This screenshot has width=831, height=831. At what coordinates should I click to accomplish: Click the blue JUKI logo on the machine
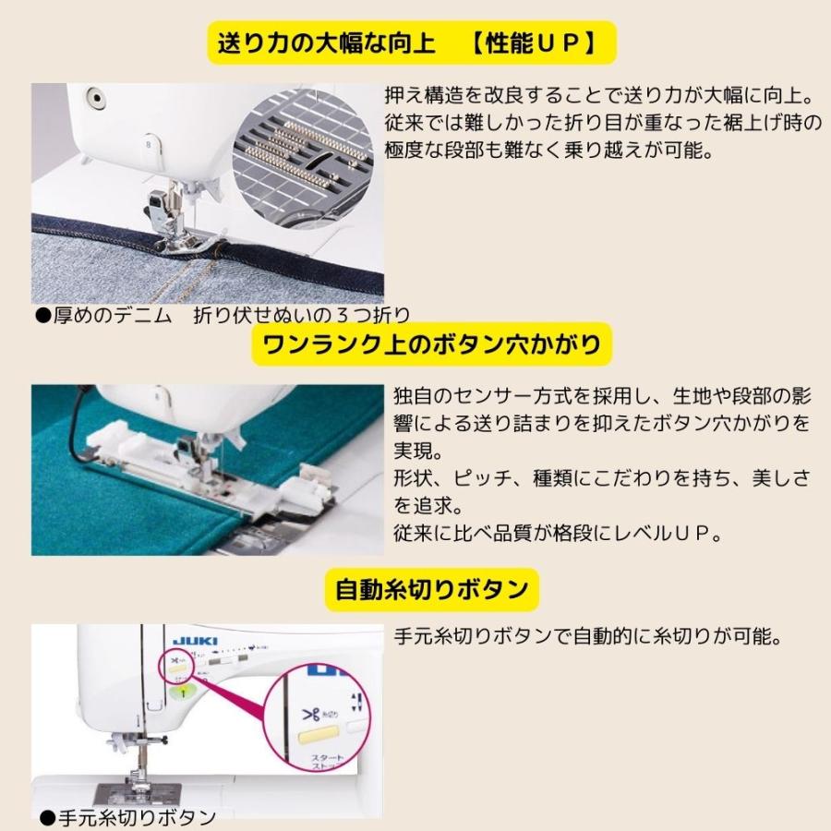188,639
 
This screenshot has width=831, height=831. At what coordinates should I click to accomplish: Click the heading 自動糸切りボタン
431,589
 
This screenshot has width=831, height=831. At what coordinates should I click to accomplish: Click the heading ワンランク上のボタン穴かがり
432,344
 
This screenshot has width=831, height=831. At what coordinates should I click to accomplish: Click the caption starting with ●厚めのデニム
222,316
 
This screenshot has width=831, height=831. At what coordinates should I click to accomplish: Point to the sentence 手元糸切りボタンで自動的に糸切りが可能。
589,638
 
